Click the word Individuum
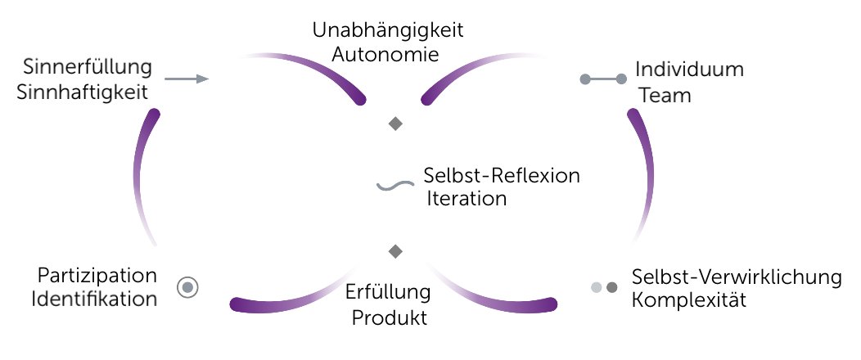(691, 70)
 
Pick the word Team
(665, 96)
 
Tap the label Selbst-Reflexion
(502, 177)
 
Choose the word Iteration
(467, 199)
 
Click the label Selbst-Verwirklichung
(737, 277)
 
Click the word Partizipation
(97, 274)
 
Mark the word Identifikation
(95, 299)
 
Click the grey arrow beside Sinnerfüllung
(187, 79)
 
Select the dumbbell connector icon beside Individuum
(603, 79)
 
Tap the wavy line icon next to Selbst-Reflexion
(394, 186)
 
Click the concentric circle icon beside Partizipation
(188, 287)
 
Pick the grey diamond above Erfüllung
(395, 250)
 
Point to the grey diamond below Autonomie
(395, 124)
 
